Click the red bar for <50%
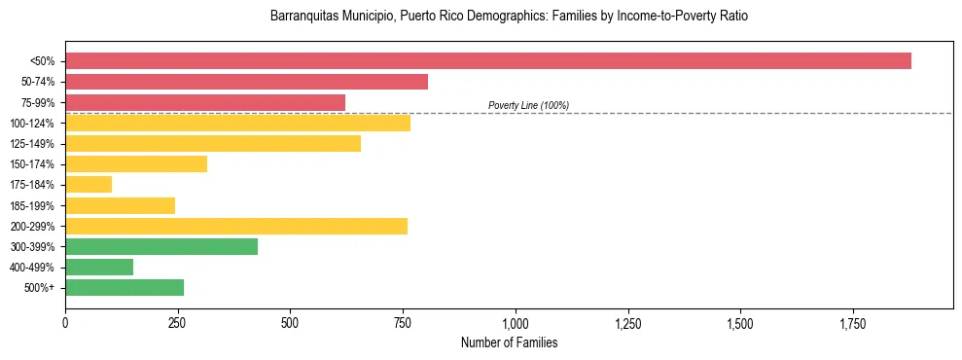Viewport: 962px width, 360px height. click(487, 60)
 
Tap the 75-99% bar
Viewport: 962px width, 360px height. click(205, 102)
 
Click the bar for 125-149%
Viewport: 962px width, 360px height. click(213, 144)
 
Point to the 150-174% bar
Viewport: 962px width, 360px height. click(136, 164)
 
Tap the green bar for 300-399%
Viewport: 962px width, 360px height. click(161, 247)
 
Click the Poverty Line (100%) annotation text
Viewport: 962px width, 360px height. click(528, 105)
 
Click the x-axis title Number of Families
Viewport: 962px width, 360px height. click(509, 343)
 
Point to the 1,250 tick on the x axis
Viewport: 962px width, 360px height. click(627, 323)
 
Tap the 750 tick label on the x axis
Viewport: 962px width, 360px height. click(403, 323)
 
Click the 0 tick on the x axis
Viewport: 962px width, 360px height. click(65, 323)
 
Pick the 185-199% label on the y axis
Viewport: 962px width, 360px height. click(36, 206)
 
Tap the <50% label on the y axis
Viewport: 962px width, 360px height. click(43, 61)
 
